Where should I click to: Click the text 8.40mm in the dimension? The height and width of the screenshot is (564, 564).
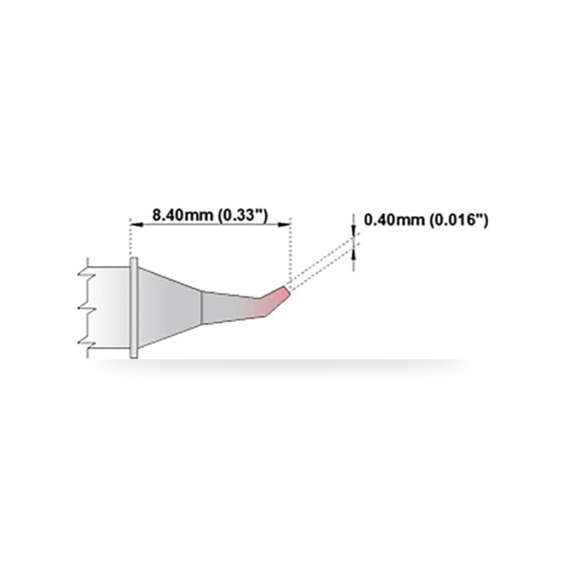coord(182,215)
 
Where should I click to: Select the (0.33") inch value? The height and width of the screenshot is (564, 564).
coord(243,216)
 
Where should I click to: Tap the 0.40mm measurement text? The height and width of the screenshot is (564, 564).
coord(394,219)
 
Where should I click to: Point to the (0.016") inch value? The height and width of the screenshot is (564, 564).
coord(459,220)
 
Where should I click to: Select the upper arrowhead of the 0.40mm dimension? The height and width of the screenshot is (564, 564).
coord(354,231)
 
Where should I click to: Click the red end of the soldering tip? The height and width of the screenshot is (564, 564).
coord(277,298)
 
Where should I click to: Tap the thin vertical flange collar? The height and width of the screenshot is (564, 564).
coord(134,308)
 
